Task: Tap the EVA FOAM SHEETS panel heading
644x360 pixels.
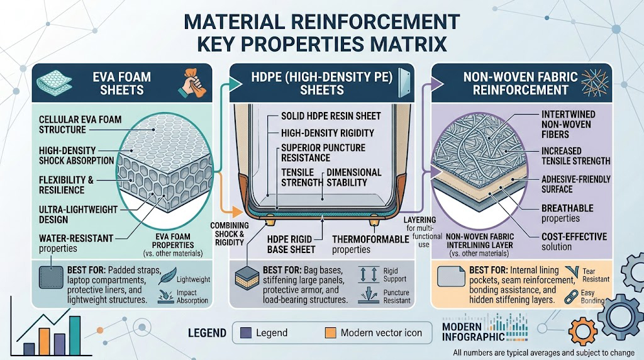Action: [x=121, y=84]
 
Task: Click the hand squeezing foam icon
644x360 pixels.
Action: [x=191, y=82]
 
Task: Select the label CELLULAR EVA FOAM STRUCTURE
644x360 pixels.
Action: [x=80, y=125]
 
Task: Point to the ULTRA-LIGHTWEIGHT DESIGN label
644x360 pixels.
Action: [x=78, y=214]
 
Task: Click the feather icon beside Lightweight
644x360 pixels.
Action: [x=167, y=276]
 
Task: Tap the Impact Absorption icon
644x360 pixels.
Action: [x=166, y=296]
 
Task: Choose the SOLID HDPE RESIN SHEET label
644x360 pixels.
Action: [x=331, y=116]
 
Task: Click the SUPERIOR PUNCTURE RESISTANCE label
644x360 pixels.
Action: [x=323, y=153]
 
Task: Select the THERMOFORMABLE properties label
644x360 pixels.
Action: [x=370, y=244]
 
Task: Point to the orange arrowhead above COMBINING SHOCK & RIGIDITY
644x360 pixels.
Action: [x=236, y=212]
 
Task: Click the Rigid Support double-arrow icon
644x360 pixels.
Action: [x=369, y=274]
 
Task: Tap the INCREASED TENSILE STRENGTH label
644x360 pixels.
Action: [x=575, y=155]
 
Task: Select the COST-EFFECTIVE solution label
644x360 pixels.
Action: [x=574, y=242]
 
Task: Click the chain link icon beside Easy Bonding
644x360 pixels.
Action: [x=571, y=296]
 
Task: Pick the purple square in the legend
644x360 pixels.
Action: [x=246, y=332]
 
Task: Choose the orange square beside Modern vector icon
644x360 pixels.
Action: [x=330, y=332]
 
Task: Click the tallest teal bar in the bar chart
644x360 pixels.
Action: [x=75, y=335]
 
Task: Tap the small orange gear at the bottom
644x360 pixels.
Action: [x=582, y=332]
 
